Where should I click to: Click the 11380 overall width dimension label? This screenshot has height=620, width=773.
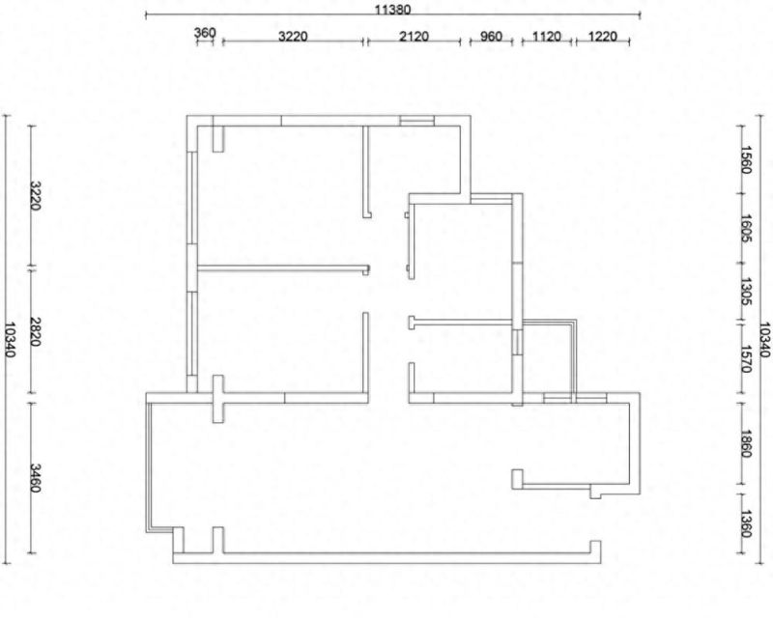click(392, 9)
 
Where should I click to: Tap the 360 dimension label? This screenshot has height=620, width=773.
click(205, 33)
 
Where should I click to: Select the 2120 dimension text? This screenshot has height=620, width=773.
click(414, 36)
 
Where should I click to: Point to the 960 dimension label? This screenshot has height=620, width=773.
click(491, 36)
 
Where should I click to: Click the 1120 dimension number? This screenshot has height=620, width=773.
click(547, 36)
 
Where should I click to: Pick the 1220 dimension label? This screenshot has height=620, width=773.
click(602, 36)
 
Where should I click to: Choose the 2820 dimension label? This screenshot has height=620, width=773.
click(35, 331)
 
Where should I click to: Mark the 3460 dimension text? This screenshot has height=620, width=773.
click(35, 478)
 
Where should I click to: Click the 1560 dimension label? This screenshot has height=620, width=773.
click(745, 159)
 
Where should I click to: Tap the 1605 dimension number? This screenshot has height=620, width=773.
click(745, 228)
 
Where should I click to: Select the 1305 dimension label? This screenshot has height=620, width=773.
click(745, 292)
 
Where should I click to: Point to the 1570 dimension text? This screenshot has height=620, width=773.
click(745, 359)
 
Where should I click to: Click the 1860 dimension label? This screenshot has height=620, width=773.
click(745, 443)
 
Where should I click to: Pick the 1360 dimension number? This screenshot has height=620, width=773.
click(745, 523)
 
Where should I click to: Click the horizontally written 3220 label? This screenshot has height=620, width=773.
click(293, 36)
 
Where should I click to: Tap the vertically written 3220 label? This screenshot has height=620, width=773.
click(35, 196)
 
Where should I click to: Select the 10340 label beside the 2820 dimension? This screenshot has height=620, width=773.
click(10, 340)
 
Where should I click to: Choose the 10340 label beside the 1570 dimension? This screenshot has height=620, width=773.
click(764, 340)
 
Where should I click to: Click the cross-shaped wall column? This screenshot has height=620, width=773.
click(217, 399)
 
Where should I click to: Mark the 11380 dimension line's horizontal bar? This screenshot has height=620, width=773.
click(393, 14)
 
